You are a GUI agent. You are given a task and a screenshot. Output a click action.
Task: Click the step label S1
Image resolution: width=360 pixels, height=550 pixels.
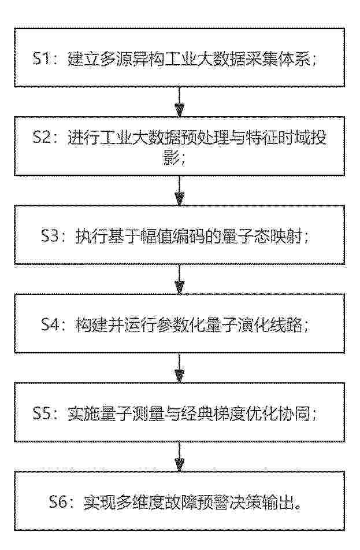click(42, 58)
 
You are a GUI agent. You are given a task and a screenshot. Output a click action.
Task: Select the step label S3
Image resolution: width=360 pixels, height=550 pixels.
click(50, 236)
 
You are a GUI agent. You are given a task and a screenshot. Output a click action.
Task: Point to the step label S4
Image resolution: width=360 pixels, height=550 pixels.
click(50, 324)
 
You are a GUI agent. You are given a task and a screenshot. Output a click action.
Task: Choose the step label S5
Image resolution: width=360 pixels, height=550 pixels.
click(42, 413)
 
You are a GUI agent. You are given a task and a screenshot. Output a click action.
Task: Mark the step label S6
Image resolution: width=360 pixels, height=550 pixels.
click(58, 501)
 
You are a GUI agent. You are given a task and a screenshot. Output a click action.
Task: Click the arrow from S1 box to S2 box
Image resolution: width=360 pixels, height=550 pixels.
click(180, 102)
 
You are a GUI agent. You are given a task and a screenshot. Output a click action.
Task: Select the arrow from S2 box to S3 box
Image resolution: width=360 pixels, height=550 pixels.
click(180, 190)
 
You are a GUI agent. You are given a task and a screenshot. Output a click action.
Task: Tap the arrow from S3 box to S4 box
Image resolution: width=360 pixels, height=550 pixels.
click(180, 279)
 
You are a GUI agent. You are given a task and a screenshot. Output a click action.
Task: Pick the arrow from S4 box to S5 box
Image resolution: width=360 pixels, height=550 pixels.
click(180, 368)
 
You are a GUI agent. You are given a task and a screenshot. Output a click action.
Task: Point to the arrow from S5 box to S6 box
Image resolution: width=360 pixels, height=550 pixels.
click(180, 456)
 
